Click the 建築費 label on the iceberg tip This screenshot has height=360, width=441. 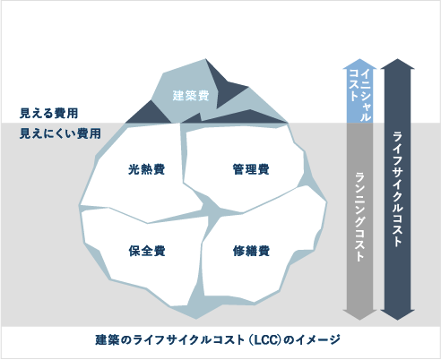[191, 96]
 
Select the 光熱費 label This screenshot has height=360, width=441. [146, 169]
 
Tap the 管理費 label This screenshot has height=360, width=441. [251, 169]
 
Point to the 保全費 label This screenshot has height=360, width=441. [147, 251]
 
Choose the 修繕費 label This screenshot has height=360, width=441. [251, 251]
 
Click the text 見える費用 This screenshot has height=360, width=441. [48, 114]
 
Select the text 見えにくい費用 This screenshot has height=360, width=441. [60, 133]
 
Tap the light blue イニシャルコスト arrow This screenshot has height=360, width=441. [359, 90]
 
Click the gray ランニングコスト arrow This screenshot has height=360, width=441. [359, 221]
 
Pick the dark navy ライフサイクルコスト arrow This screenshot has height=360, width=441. [397, 189]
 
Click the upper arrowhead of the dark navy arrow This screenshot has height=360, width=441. [397, 64]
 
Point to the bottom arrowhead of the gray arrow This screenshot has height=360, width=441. [359, 315]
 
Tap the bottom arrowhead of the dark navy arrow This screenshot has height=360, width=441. [397, 315]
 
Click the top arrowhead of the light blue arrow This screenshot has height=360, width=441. [359, 64]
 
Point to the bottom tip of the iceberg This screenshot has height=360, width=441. [196, 319]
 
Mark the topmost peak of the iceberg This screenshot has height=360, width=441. [205, 59]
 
